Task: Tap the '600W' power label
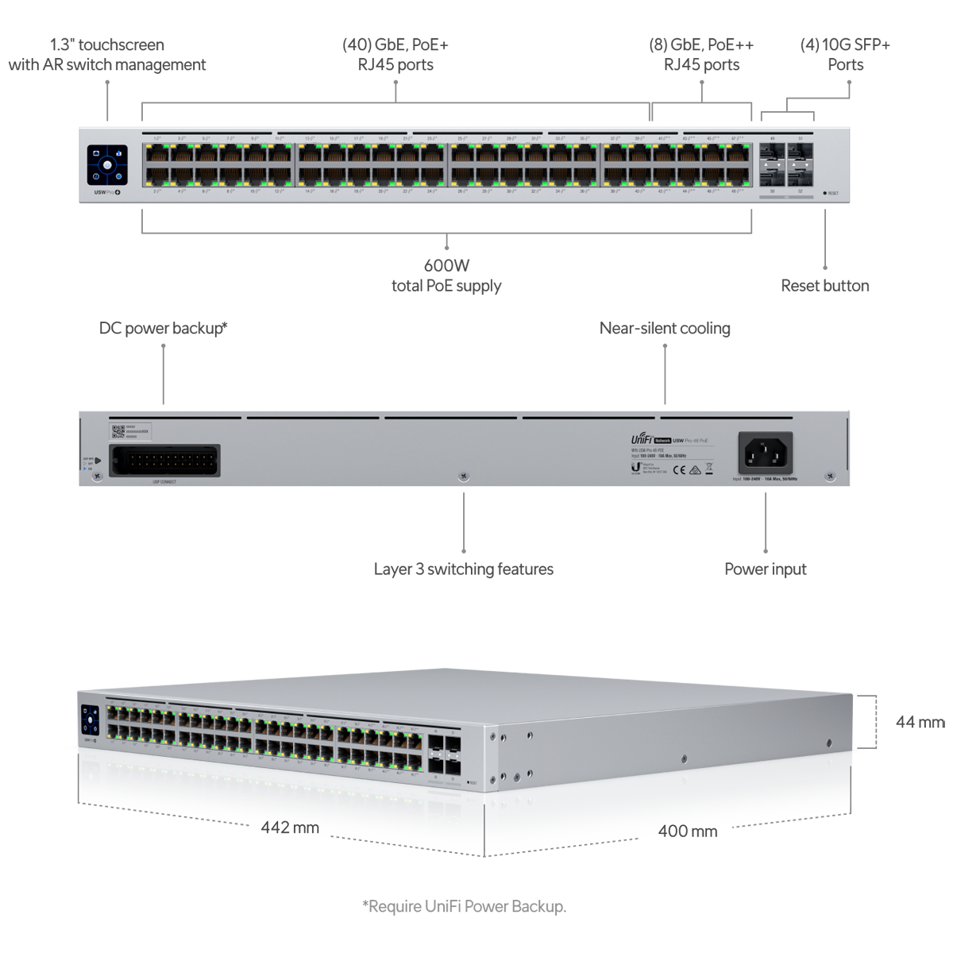(446, 266)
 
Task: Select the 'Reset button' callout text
(824, 286)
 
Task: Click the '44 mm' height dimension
(920, 722)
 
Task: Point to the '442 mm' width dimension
(290, 828)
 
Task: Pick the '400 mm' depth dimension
(687, 831)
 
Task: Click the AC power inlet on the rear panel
(766, 453)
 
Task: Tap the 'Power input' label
(765, 569)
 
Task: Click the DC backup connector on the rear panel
(164, 461)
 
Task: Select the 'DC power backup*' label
(163, 328)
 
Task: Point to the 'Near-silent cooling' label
(665, 328)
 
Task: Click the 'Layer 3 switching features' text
(463, 569)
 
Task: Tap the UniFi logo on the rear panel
(642, 439)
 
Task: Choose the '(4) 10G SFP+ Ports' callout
(845, 55)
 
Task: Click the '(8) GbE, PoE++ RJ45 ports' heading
(701, 55)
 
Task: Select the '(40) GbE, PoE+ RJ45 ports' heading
(395, 55)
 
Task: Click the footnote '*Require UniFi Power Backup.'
(464, 906)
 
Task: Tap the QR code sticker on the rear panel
(118, 431)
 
